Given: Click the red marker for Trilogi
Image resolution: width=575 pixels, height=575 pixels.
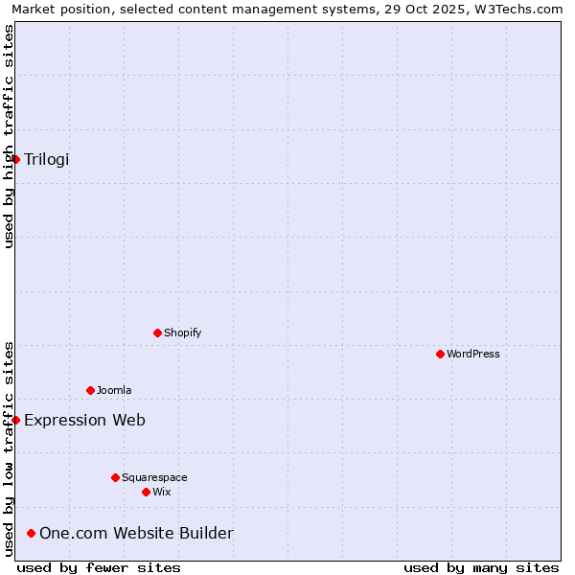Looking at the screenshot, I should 16,159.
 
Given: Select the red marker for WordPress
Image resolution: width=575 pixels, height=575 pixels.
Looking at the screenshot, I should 440,354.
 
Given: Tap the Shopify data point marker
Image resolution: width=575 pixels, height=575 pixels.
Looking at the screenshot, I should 157,333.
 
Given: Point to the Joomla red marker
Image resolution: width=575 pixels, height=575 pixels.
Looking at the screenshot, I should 90,390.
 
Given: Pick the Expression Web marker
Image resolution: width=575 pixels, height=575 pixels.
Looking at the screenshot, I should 16,420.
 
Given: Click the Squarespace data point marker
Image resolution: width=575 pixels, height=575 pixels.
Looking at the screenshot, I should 115,477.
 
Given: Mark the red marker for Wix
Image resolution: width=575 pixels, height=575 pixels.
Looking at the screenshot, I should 146,492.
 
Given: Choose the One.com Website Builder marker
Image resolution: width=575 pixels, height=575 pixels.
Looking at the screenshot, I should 32,533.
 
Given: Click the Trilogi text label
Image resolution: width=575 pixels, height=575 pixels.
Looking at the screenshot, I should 47,159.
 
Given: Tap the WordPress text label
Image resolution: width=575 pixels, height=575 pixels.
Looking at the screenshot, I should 473,354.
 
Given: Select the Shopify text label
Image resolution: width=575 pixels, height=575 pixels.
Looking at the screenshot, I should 182,333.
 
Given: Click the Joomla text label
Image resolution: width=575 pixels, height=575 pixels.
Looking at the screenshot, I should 114,390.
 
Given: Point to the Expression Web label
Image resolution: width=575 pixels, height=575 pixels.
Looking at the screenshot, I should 84,420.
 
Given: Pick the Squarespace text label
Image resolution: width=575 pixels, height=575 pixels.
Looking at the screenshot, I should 154,477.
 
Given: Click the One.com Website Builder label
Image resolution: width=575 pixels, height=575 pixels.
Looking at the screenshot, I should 136,533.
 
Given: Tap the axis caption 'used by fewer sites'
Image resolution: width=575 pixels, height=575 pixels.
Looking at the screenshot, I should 99,567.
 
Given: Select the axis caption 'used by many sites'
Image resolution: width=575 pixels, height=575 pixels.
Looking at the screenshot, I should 481,567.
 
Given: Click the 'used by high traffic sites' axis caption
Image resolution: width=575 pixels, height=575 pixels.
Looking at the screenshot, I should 9,136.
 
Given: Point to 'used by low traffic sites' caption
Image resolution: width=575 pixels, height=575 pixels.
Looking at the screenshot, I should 9,448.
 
